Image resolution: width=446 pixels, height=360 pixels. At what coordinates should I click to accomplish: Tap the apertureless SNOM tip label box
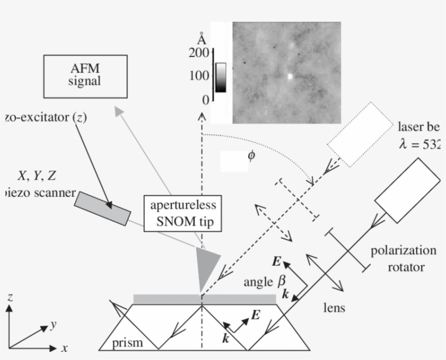pos(183,212)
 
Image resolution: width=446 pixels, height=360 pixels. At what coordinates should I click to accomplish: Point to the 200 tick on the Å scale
pos(199,53)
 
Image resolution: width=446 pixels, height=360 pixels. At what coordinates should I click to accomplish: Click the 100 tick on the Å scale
pos(199,76)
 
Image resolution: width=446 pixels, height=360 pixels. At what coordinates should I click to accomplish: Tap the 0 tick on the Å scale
pos(205,100)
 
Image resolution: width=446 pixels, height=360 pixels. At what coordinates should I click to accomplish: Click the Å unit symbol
pos(202,39)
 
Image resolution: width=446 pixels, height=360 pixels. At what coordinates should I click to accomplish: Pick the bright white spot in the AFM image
pos(290,77)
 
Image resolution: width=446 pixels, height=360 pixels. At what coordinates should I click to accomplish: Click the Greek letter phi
pos(251,156)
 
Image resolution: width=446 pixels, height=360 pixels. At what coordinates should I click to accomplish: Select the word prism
pos(128,343)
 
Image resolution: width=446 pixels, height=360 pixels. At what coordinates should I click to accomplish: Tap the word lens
pos(334,308)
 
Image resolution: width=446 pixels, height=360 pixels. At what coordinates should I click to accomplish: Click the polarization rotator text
pos(403,258)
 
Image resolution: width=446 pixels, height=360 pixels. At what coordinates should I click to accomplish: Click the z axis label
pos(10,296)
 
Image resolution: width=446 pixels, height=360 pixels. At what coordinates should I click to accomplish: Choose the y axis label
pos(53,325)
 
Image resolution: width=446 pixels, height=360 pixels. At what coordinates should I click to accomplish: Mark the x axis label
pos(64,348)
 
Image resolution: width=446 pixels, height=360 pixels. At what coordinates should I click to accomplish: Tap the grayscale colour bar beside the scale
pos(220,76)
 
